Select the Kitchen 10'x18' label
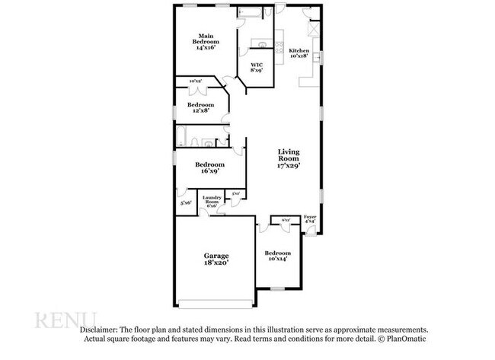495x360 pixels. pyautogui.click(x=299, y=53)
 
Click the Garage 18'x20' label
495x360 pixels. pyautogui.click(x=216, y=259)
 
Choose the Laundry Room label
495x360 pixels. pyautogui.click(x=211, y=201)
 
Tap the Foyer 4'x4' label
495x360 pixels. pyautogui.click(x=310, y=219)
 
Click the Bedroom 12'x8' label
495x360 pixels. pyautogui.click(x=201, y=107)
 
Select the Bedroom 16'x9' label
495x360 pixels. pyautogui.click(x=209, y=167)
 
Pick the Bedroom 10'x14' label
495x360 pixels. pyautogui.click(x=277, y=256)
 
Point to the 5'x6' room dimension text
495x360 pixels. pyautogui.click(x=185, y=202)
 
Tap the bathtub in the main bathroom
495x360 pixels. pyautogui.click(x=249, y=13)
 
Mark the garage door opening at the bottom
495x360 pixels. pyautogui.click(x=216, y=304)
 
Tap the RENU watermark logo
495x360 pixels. pyautogui.click(x=65, y=320)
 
